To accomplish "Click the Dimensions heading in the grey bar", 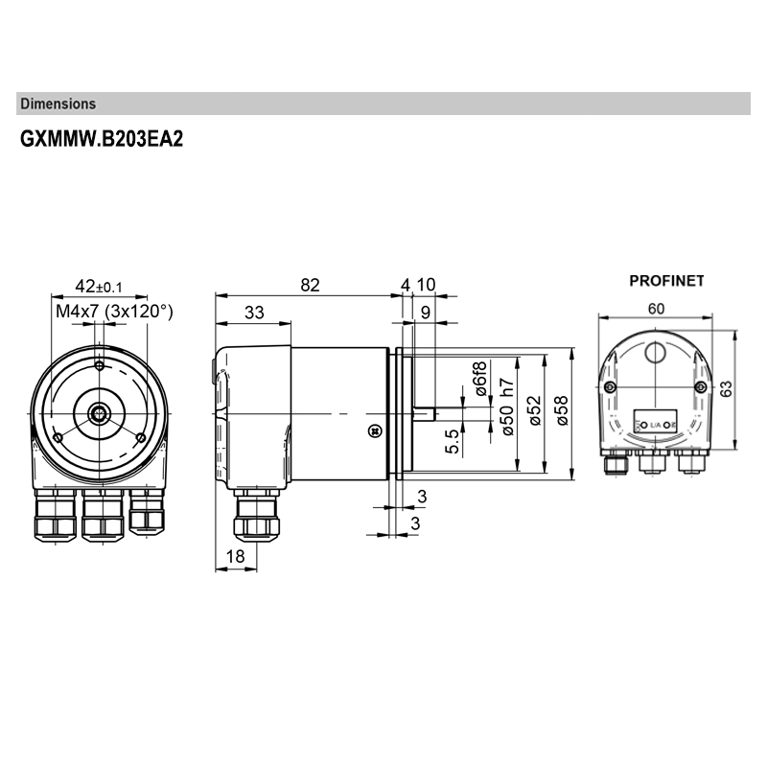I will pos(58,104).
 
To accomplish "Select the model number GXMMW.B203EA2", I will pos(101,138).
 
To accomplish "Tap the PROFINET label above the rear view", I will pos(666,282).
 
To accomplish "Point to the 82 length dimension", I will pos(309,285).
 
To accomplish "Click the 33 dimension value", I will pos(254,313).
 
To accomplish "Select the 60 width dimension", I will pos(656,308).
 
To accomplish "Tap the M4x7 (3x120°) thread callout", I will pos(114,311).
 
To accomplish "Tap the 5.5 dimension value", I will pos(453,440).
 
